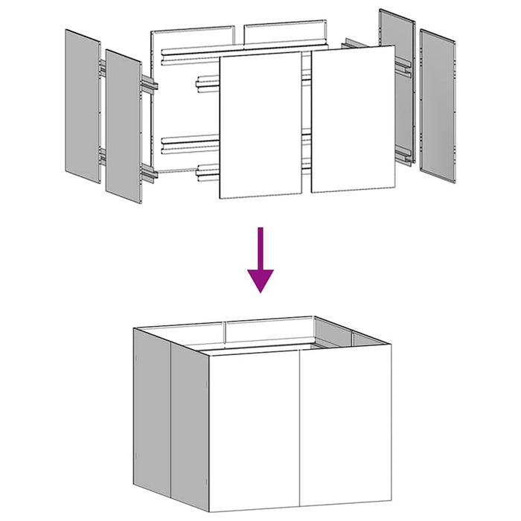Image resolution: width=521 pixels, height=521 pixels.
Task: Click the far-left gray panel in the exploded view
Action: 82,104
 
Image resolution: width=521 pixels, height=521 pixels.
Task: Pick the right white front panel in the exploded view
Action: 352,119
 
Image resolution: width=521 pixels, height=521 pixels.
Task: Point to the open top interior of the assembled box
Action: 260,339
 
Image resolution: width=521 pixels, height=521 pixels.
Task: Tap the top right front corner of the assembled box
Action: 389,346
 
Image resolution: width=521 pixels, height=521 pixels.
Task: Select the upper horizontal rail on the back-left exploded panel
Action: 194,54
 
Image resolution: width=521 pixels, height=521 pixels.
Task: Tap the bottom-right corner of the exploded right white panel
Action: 395,188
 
